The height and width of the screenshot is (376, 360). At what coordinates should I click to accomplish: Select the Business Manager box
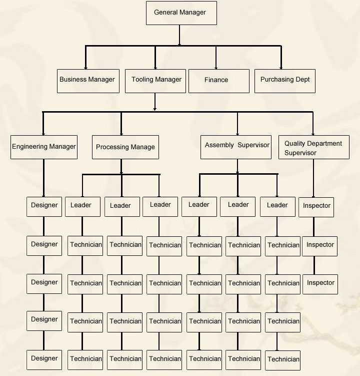pos(88,81)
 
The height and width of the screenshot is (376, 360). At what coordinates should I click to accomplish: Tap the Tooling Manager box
pos(156,81)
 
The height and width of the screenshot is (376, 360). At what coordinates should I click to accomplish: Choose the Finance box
pos(218,81)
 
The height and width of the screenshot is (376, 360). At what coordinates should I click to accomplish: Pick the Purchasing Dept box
pos(285,81)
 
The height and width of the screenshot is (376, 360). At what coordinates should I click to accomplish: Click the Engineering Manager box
pos(44,147)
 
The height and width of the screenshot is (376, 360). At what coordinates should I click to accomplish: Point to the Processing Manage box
pos(125,147)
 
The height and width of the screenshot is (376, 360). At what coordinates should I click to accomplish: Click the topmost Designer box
pos(44,205)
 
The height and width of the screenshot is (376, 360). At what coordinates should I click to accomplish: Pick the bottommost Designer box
pos(44,358)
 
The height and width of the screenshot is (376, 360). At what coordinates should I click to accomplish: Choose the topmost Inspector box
pos(316,206)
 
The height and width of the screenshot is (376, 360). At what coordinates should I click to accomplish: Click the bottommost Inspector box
pos(320,283)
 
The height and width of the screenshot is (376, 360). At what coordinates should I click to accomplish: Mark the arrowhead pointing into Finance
pos(216,68)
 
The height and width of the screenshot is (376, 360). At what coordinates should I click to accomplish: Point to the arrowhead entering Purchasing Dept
pos(281,68)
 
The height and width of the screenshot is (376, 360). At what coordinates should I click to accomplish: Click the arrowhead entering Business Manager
pos(86,68)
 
